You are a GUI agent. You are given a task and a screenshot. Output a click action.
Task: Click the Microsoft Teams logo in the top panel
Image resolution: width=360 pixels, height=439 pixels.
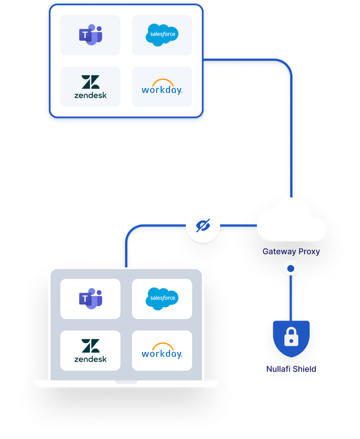point(90,35)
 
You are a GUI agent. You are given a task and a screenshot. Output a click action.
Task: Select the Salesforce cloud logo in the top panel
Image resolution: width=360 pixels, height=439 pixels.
point(162,35)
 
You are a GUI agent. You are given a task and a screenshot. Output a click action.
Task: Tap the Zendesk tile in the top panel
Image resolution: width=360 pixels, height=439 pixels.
point(90,87)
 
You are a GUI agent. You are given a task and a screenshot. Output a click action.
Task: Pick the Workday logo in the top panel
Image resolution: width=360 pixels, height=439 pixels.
point(162,87)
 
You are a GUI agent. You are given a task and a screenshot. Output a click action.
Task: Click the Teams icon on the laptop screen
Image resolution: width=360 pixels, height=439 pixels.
point(90,299)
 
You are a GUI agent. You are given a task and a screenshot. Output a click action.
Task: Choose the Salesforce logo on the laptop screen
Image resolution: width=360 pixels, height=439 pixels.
point(162,299)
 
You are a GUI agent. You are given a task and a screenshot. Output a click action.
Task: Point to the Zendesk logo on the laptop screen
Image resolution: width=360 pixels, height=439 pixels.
point(90,350)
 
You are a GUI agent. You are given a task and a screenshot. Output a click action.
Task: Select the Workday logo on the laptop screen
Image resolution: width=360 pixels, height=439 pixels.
point(162,350)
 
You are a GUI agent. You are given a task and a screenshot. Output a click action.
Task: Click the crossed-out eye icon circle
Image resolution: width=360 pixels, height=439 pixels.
point(203,226)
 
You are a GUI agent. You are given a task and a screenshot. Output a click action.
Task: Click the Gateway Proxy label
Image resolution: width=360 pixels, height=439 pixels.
point(291,252)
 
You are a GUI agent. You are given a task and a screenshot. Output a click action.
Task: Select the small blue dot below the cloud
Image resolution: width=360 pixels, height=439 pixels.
point(291,269)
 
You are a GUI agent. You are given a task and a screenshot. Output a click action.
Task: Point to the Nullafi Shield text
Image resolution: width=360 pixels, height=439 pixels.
point(291,369)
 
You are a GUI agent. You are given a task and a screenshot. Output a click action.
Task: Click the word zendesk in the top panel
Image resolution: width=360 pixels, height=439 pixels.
point(90,95)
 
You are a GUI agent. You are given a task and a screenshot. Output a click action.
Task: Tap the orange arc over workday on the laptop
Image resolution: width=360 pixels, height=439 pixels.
point(162,346)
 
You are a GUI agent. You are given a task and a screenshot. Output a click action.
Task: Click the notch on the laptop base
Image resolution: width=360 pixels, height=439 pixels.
point(126,382)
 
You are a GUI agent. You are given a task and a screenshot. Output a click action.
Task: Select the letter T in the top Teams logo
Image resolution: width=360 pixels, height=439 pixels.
point(84,35)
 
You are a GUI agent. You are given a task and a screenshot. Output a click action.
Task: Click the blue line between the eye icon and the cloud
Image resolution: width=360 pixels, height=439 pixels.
point(238,225)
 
